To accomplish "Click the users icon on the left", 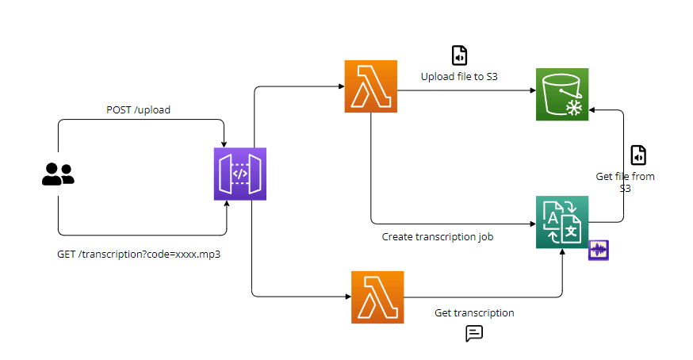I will [x=57, y=174].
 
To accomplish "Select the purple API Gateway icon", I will [x=239, y=174].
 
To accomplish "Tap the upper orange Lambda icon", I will [x=370, y=87].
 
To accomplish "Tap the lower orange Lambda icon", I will [x=377, y=297].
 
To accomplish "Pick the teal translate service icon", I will [x=562, y=221].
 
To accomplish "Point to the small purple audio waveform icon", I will [x=598, y=251].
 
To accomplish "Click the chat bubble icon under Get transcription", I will [x=474, y=333].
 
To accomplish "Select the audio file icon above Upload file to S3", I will [x=459, y=55].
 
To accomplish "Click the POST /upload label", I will [x=138, y=109].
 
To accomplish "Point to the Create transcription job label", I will [x=438, y=236].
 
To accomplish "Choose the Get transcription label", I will [x=474, y=312].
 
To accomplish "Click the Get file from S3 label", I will [x=625, y=182].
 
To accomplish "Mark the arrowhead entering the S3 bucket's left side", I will [x=531, y=90].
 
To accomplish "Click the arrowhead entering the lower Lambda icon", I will [x=347, y=297].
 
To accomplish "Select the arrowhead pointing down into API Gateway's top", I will [x=225, y=143].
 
